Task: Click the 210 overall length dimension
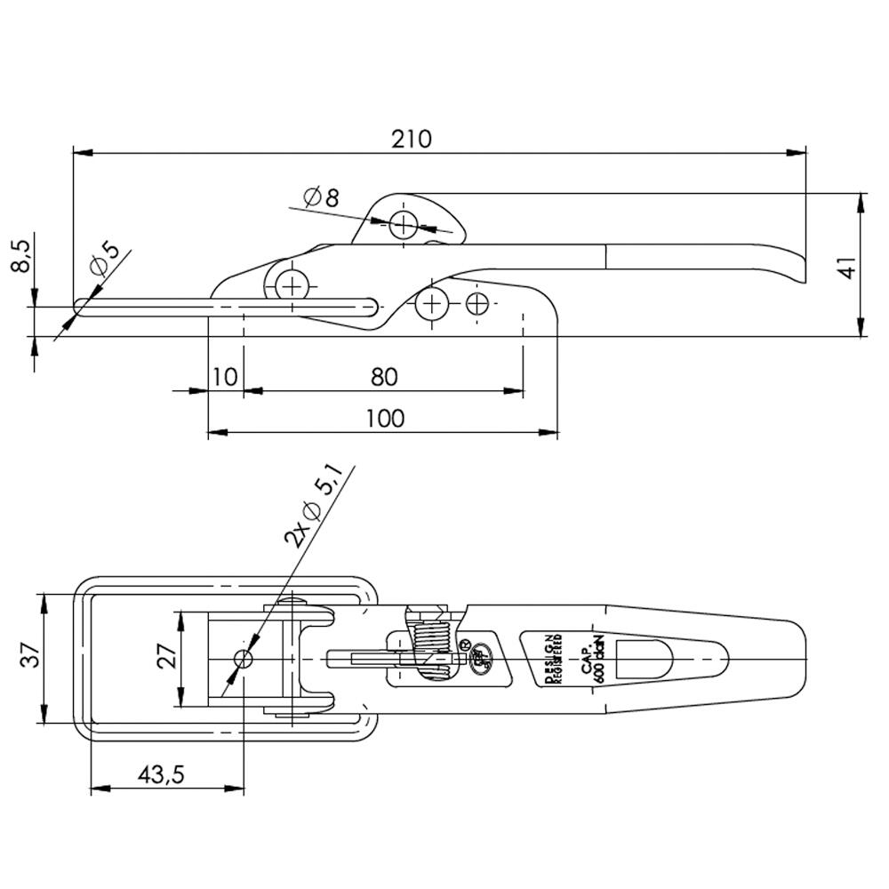(x=411, y=139)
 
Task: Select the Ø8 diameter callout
(x=321, y=197)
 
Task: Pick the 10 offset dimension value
(x=225, y=377)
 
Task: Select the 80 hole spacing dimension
(x=383, y=377)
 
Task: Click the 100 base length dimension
(x=383, y=418)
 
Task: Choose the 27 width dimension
(x=167, y=658)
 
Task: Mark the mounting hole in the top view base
(x=242, y=658)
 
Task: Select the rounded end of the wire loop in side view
(x=82, y=307)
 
